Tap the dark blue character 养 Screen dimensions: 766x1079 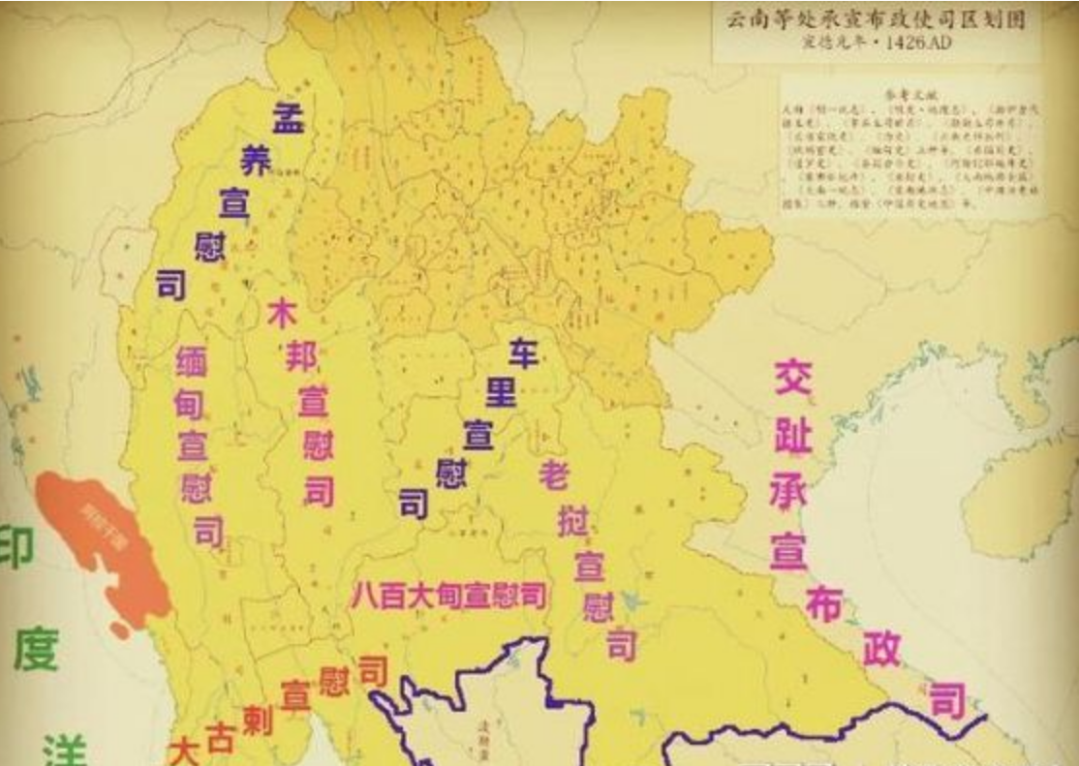click(x=257, y=161)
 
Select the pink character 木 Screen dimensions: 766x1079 click(x=281, y=315)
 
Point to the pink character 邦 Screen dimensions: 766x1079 click(x=300, y=358)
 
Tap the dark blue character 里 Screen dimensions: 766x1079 click(x=501, y=392)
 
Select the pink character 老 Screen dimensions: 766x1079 click(x=554, y=475)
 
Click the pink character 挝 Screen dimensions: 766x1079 click(x=573, y=522)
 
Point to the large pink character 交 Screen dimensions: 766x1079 click(x=792, y=377)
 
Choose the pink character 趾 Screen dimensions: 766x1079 click(x=792, y=435)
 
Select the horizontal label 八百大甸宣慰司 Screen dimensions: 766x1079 click(x=447, y=596)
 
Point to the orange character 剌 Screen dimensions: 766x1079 click(x=257, y=720)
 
